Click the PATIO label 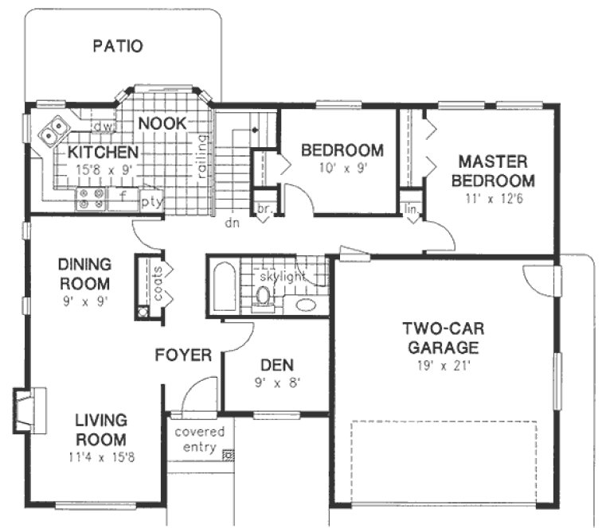pyautogui.click(x=117, y=45)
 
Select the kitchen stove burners pyautogui.click(x=89, y=199)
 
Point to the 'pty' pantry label pyautogui.click(x=151, y=201)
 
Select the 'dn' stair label pyautogui.click(x=232, y=223)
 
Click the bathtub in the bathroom pyautogui.click(x=221, y=286)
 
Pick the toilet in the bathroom pyautogui.click(x=263, y=297)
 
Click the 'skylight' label pyautogui.click(x=282, y=276)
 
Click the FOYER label pyautogui.click(x=183, y=355)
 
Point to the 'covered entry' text pyautogui.click(x=199, y=440)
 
